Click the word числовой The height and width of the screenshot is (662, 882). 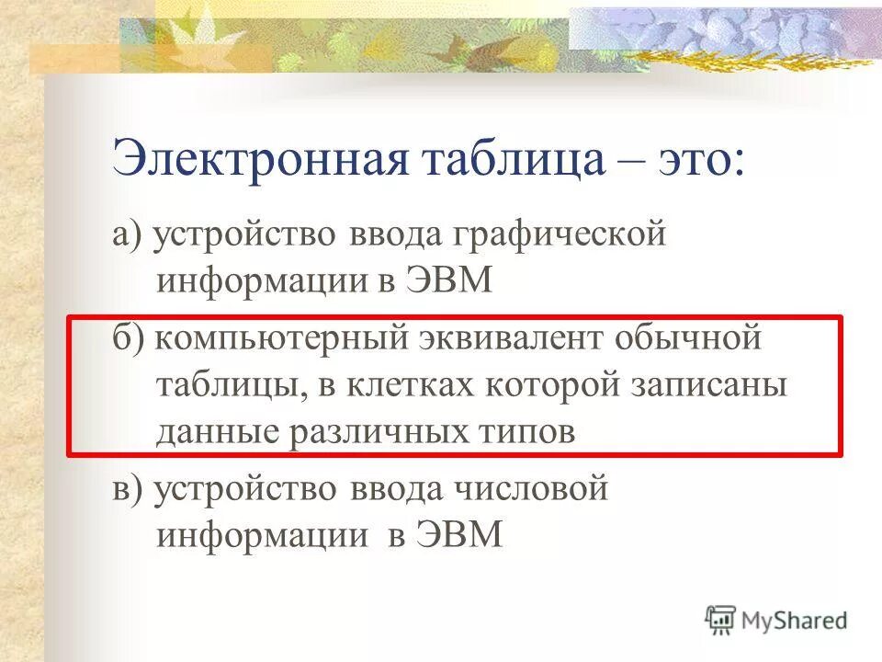coord(531,488)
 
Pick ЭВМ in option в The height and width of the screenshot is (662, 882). coord(460,534)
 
